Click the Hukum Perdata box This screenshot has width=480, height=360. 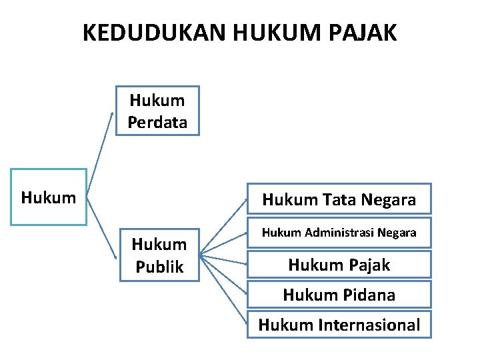coord(157,111)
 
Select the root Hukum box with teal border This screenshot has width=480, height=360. coord(48,197)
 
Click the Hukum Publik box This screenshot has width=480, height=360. coord(159,256)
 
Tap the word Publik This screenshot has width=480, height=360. coord(159,267)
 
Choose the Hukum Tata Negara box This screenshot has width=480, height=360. coord(339,199)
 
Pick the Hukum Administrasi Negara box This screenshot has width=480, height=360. coord(339,233)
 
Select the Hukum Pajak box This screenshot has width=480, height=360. coord(339,265)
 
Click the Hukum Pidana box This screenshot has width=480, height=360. coord(339,294)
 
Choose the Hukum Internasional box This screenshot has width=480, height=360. coord(339,325)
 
